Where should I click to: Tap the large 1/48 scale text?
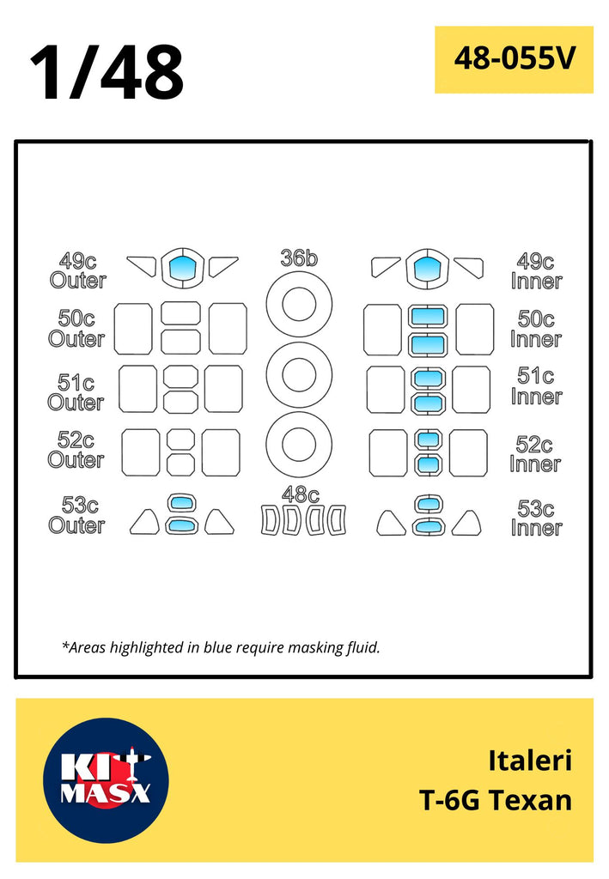tap(107, 72)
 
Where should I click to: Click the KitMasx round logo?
tap(106, 779)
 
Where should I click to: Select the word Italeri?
tap(529, 761)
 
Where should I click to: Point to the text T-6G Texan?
tap(496, 800)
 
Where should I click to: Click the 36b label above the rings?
tap(299, 258)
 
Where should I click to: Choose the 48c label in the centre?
tap(300, 494)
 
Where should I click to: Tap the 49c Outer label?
tap(77, 270)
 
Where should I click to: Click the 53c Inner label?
tap(536, 518)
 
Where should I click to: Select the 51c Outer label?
tap(76, 391)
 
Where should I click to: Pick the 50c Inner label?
tap(535, 329)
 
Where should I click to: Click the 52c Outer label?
tap(76, 450)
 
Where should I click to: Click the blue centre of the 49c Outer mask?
tap(182, 268)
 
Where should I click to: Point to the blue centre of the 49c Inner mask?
tap(427, 269)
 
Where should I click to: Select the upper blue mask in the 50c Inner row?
tap(427, 316)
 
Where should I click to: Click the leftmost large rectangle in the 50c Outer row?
tap(133, 329)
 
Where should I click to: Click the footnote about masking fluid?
tap(221, 647)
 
